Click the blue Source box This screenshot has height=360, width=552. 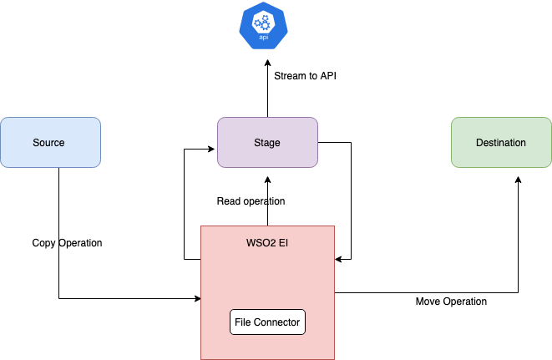[x=50, y=142]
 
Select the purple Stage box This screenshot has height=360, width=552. [x=267, y=142]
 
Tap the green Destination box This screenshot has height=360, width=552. [x=501, y=142]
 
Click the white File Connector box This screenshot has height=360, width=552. [x=267, y=322]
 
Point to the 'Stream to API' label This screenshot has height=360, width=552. [x=305, y=76]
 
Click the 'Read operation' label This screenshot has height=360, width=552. [x=251, y=201]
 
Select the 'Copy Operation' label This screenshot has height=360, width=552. [x=67, y=243]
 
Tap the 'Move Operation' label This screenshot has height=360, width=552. [x=451, y=301]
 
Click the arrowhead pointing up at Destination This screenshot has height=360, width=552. [x=518, y=180]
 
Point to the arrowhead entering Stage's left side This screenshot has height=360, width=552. [x=212, y=150]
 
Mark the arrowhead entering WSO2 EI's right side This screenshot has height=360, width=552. [x=339, y=259]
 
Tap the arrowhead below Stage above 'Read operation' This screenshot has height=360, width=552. [x=267, y=180]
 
